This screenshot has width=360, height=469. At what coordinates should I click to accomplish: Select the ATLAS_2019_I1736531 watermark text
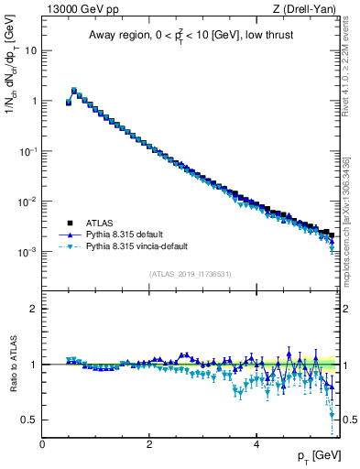[191, 275]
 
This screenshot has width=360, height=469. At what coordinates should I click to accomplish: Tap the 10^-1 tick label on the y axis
[27, 151]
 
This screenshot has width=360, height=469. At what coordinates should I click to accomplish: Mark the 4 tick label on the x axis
[256, 442]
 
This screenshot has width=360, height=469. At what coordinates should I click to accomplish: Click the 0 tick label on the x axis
[42, 442]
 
